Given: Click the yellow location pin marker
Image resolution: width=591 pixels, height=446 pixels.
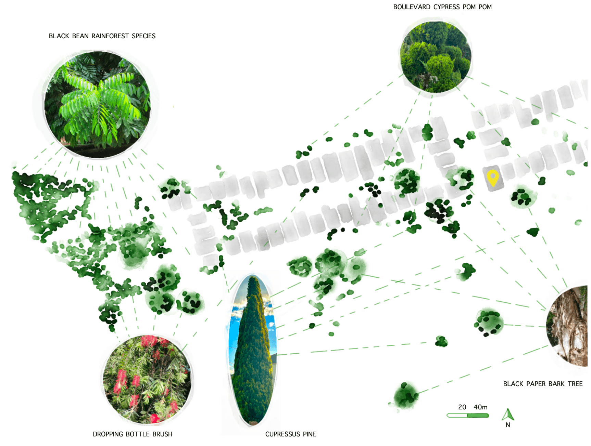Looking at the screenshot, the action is pyautogui.click(x=493, y=178).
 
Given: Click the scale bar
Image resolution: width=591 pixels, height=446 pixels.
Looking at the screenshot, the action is pyautogui.click(x=467, y=416).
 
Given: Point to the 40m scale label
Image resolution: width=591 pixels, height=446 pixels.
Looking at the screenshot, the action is pyautogui.click(x=480, y=407).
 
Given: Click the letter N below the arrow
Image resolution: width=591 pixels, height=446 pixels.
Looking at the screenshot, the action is pyautogui.click(x=508, y=425).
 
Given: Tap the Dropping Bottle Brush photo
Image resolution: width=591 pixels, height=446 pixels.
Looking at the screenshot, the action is pyautogui.click(x=147, y=379).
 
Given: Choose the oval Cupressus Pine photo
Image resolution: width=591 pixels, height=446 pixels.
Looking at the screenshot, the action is pyautogui.click(x=253, y=351).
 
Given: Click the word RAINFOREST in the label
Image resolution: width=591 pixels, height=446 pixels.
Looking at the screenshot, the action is pyautogui.click(x=110, y=36).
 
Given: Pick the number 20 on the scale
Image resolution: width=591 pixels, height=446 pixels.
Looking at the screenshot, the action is pyautogui.click(x=462, y=407).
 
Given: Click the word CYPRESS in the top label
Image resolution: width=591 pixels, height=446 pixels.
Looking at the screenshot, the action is pyautogui.click(x=447, y=7).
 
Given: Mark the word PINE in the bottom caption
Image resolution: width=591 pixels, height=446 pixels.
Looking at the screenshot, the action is pyautogui.click(x=309, y=434).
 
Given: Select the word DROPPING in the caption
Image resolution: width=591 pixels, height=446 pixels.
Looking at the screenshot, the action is pyautogui.click(x=108, y=434).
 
